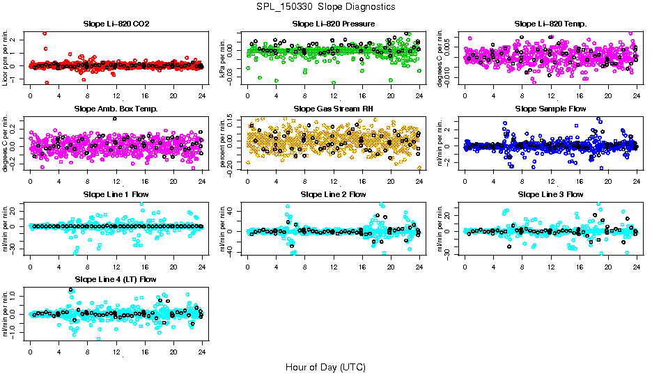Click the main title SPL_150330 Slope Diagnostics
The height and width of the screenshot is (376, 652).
325,6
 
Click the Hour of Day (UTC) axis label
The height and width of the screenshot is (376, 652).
325,366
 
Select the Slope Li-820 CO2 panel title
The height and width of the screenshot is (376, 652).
116,24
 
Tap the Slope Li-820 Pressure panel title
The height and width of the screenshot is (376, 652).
334,24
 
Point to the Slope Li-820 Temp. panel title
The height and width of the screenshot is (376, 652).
550,24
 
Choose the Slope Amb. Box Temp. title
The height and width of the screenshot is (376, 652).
116,109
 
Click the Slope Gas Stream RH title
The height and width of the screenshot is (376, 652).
334,109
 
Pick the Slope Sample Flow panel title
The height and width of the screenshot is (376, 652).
550,109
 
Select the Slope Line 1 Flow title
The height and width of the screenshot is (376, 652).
116,194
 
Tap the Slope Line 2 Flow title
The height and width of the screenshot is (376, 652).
334,194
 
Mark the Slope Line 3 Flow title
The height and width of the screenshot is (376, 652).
550,194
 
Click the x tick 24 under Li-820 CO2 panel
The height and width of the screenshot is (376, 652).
202,95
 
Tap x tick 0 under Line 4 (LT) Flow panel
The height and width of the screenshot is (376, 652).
30,352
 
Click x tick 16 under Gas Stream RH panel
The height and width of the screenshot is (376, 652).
362,180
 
